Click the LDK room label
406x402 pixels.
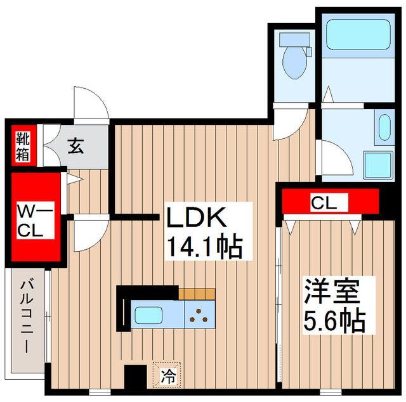point(196,217)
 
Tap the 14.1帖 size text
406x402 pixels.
point(205,247)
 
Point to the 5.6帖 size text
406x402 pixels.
point(334,321)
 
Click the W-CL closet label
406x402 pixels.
point(36,220)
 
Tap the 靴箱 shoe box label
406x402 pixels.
point(23,146)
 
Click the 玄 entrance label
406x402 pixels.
point(76,146)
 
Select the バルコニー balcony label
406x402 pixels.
point(27,318)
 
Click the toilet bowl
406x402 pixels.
point(294,62)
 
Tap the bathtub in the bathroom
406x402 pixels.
point(358,35)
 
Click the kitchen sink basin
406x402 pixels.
point(148,314)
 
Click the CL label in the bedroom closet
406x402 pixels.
point(324,204)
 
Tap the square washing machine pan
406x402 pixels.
point(378,165)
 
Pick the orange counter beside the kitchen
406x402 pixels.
point(197,294)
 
